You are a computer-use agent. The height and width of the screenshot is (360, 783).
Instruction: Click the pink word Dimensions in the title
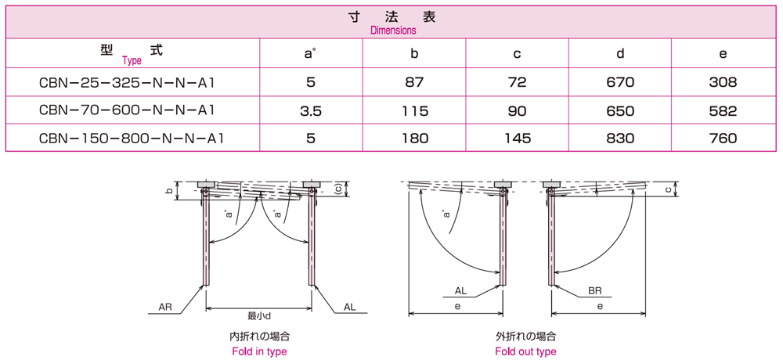[393, 30]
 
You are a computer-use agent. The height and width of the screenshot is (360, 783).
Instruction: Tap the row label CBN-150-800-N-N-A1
[131, 138]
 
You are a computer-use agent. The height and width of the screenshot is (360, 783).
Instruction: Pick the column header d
[619, 53]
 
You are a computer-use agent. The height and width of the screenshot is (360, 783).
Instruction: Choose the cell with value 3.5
[311, 110]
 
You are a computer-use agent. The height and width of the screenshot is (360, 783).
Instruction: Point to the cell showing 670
[619, 82]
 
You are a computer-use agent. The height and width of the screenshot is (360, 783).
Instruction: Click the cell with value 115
[414, 110]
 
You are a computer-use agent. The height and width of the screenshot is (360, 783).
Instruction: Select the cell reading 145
[517, 138]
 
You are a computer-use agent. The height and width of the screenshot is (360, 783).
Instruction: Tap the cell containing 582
[723, 110]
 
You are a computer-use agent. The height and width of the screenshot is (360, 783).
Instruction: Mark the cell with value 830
[619, 138]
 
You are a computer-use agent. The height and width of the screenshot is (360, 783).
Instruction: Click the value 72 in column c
[517, 82]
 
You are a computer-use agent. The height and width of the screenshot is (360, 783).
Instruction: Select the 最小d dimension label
[259, 315]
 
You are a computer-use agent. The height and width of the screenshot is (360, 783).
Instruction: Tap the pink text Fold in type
[259, 351]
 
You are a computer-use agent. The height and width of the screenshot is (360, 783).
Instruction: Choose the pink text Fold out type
[526, 351]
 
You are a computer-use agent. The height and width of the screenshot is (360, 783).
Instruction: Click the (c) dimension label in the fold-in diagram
[338, 189]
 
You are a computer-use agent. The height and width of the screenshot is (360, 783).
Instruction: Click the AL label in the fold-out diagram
[461, 290]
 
